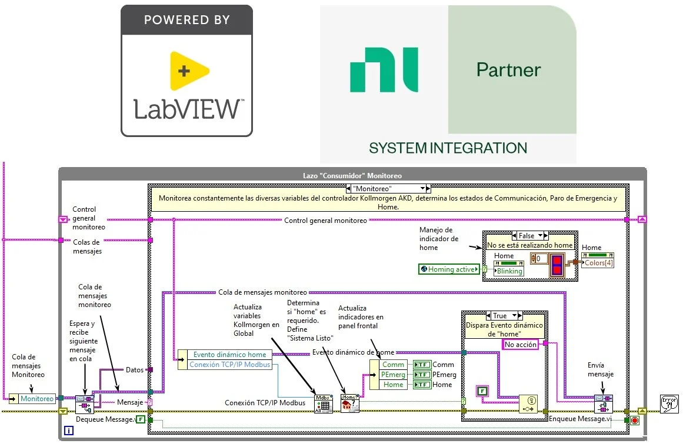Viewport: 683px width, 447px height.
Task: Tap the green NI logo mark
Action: (x=384, y=70)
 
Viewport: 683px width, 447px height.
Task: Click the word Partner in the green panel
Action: (x=508, y=70)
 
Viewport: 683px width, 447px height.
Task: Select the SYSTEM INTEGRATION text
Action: (x=448, y=148)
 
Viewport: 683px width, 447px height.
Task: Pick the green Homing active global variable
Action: (x=448, y=269)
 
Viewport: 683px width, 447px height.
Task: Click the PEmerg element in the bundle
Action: (x=393, y=375)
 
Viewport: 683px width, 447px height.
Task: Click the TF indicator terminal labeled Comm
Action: (x=422, y=365)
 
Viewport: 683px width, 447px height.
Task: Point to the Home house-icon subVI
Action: (x=349, y=404)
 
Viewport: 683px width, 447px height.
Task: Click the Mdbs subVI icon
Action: (x=323, y=404)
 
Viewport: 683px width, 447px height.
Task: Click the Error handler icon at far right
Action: (x=669, y=403)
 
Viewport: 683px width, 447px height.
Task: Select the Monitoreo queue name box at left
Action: (x=36, y=399)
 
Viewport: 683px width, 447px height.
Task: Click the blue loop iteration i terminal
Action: (x=69, y=431)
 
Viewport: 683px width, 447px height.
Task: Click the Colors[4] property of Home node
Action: (x=598, y=263)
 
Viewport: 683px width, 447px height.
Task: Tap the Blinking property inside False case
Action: (x=509, y=271)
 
